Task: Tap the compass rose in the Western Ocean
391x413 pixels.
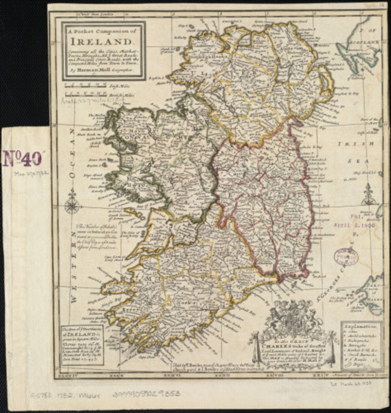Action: point(72,205)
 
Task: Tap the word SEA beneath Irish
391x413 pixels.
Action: point(362,162)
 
